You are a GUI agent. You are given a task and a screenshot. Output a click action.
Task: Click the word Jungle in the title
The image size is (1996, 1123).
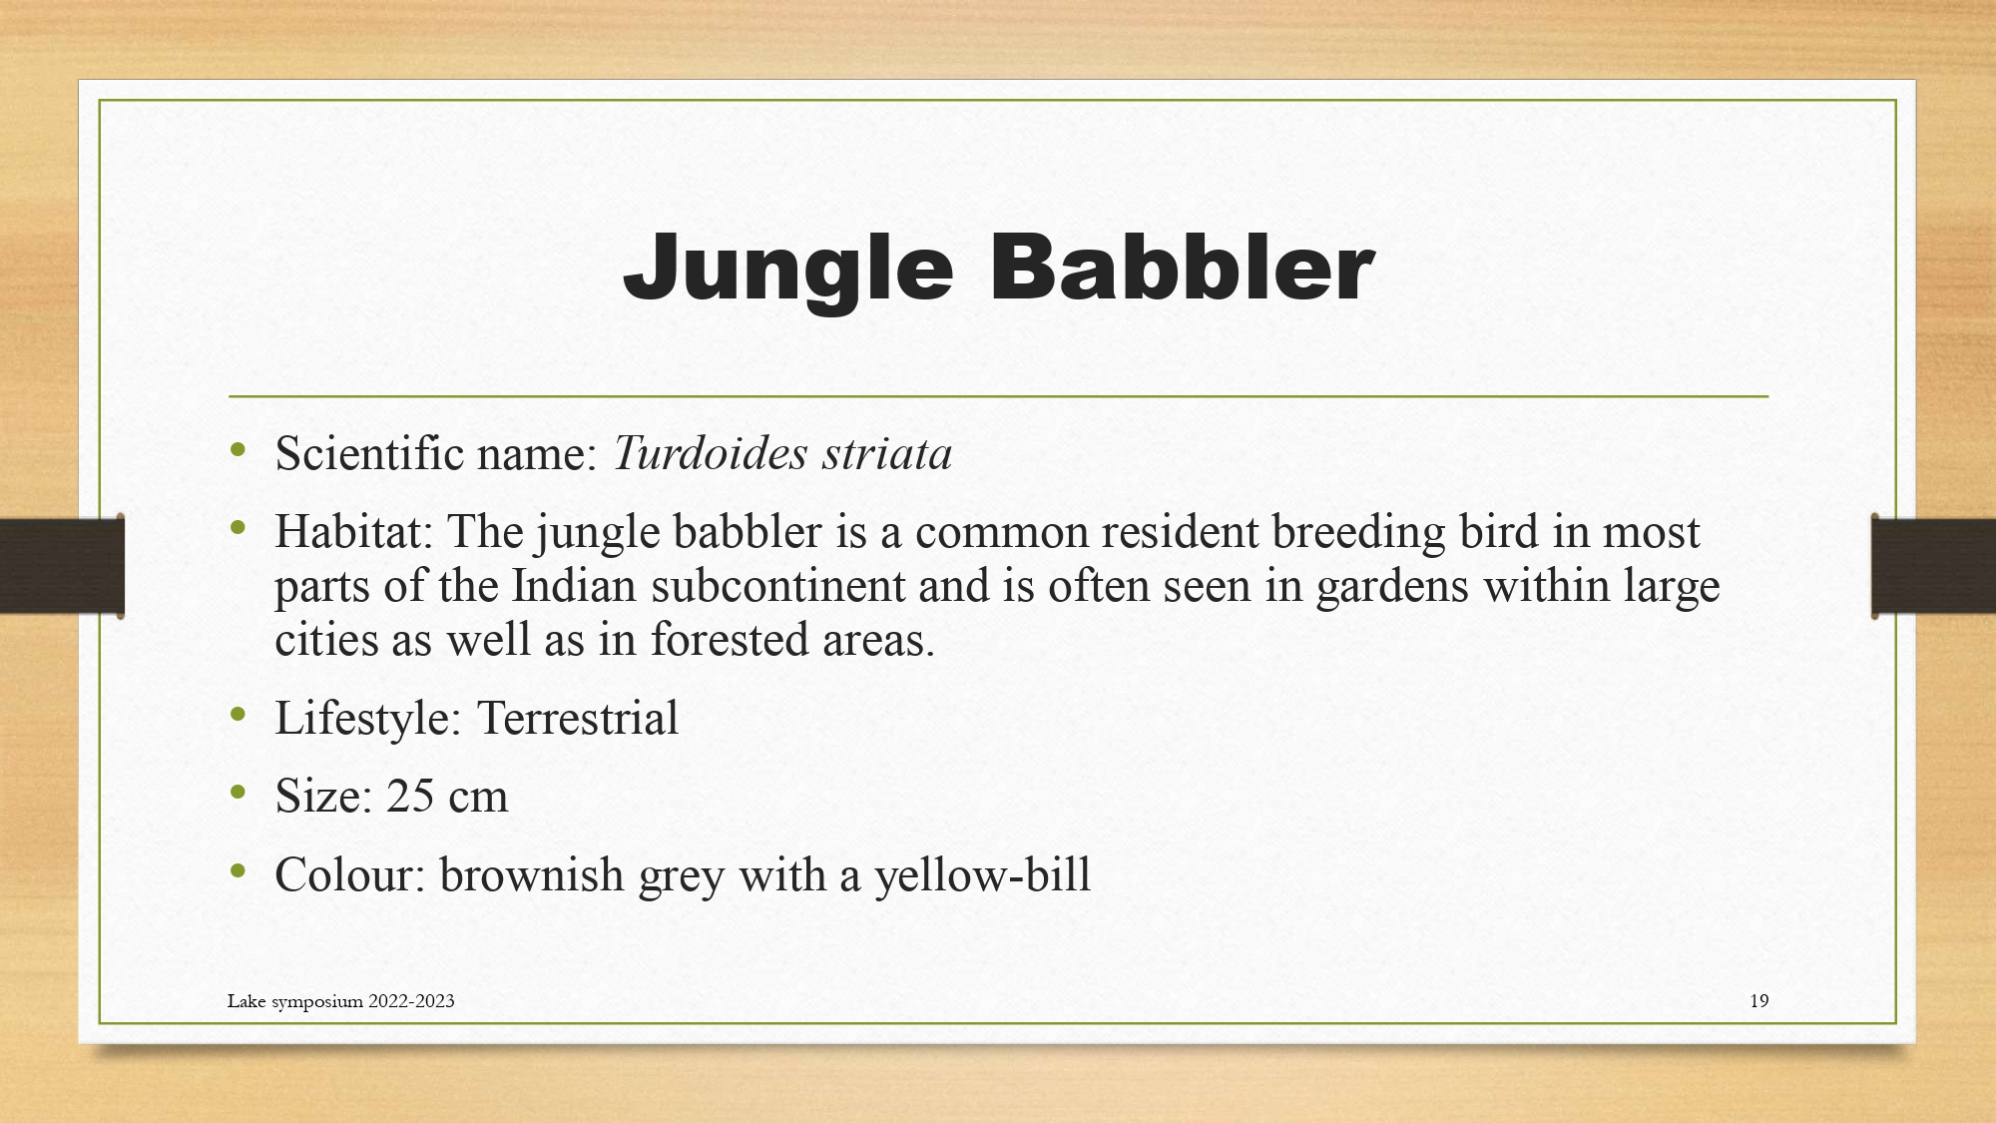pos(788,270)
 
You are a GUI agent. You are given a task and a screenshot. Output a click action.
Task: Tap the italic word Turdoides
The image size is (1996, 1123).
pos(711,453)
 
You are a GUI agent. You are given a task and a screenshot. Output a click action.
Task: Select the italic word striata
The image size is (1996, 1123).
pos(887,454)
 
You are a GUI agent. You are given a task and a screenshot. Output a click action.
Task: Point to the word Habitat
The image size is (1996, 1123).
pos(353,531)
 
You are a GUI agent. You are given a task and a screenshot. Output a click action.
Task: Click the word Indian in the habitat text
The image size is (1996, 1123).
pos(574,585)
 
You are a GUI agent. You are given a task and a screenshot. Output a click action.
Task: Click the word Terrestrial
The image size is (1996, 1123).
pos(578,718)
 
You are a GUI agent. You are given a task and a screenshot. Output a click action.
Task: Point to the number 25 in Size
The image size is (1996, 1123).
pos(410,797)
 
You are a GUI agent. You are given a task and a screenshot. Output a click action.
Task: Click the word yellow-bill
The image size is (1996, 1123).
pos(983,875)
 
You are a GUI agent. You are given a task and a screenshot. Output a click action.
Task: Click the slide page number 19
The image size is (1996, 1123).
pos(1759,1001)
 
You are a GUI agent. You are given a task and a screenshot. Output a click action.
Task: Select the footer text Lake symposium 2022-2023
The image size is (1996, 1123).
pos(341,1001)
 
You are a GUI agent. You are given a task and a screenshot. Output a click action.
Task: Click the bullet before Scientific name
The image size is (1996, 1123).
pos(238,450)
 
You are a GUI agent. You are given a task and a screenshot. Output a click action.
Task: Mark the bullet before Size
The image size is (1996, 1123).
pos(238,793)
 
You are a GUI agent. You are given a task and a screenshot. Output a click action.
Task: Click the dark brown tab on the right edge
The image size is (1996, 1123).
pos(1933,566)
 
